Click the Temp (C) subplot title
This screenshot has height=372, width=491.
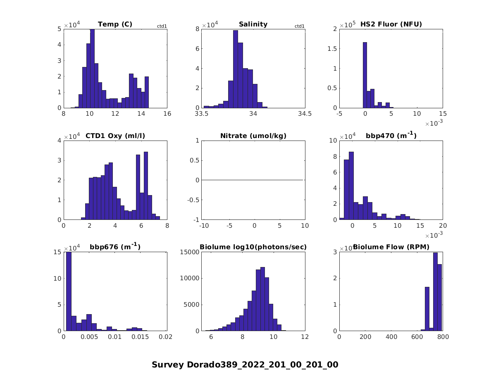[x=115, y=24]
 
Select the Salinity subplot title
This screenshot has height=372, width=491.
[x=253, y=24]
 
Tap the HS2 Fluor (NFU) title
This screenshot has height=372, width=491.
[x=391, y=24]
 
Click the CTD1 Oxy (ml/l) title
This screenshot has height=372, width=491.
[x=115, y=136]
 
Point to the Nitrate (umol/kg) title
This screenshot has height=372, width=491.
[x=253, y=136]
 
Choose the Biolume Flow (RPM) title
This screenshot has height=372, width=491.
[x=391, y=247]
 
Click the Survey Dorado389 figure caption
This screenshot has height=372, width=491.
[x=245, y=365]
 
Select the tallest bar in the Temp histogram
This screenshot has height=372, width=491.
[x=92, y=68]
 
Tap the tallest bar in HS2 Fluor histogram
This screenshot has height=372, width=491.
[x=365, y=75]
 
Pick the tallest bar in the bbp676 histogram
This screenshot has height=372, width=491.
[x=69, y=291]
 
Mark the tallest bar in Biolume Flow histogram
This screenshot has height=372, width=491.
[x=435, y=291]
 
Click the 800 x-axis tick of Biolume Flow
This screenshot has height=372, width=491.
[x=443, y=337]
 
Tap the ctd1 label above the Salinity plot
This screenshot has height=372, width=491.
[x=299, y=26]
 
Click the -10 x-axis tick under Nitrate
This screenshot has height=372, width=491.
[x=203, y=226]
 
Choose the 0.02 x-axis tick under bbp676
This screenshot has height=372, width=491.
[x=167, y=337]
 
